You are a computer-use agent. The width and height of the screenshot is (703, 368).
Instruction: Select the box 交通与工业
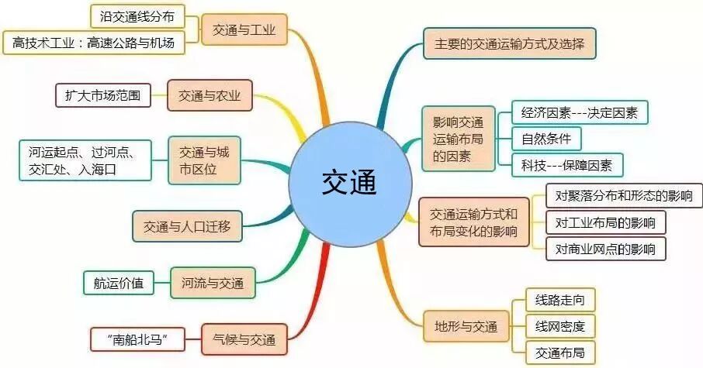click(244, 31)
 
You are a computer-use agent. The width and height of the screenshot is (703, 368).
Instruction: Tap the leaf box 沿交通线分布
click(137, 15)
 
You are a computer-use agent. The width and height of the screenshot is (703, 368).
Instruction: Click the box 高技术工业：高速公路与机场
click(95, 43)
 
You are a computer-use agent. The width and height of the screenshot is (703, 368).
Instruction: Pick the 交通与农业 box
click(210, 96)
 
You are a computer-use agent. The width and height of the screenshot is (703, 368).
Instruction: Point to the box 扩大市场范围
click(102, 96)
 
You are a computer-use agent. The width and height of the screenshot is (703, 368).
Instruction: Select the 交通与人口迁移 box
click(187, 227)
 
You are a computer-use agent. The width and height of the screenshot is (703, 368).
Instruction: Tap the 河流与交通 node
click(213, 282)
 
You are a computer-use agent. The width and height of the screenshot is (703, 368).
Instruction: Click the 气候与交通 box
click(244, 339)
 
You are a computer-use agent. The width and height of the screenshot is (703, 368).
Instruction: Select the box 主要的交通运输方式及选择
click(510, 43)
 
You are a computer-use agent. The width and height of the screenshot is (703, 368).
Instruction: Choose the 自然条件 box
click(546, 139)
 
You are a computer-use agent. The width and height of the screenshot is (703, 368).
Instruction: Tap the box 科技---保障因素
click(567, 164)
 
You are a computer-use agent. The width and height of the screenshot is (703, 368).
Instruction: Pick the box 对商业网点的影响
click(605, 249)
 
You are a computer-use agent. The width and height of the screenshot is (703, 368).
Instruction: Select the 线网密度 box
click(554, 325)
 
